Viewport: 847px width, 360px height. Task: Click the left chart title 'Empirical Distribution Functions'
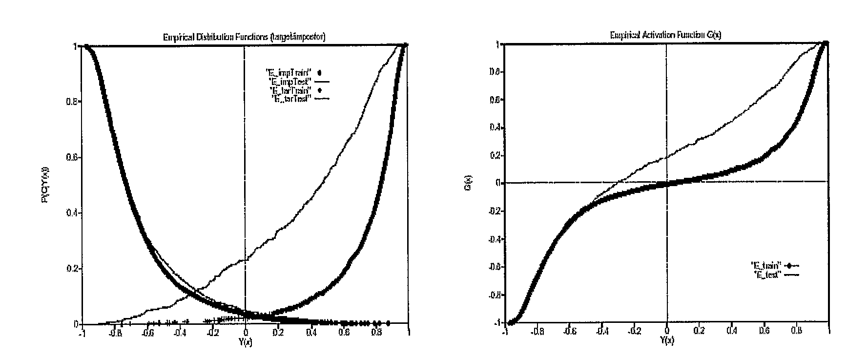pos(244,37)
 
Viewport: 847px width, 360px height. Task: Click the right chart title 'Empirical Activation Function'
pos(665,35)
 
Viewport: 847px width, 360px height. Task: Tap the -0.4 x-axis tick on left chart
pos(180,333)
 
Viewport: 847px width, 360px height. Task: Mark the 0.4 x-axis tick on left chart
pos(310,333)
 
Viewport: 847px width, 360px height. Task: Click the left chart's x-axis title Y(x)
pos(245,341)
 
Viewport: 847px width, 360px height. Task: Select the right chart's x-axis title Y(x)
pos(667,340)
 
